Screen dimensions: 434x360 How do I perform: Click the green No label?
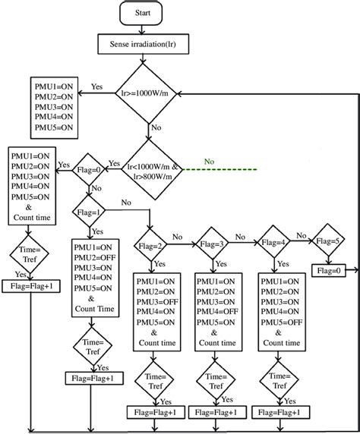(x=210, y=160)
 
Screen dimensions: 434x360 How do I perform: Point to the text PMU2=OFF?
(x=94, y=258)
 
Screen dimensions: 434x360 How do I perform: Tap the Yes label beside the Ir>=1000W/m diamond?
(x=97, y=86)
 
